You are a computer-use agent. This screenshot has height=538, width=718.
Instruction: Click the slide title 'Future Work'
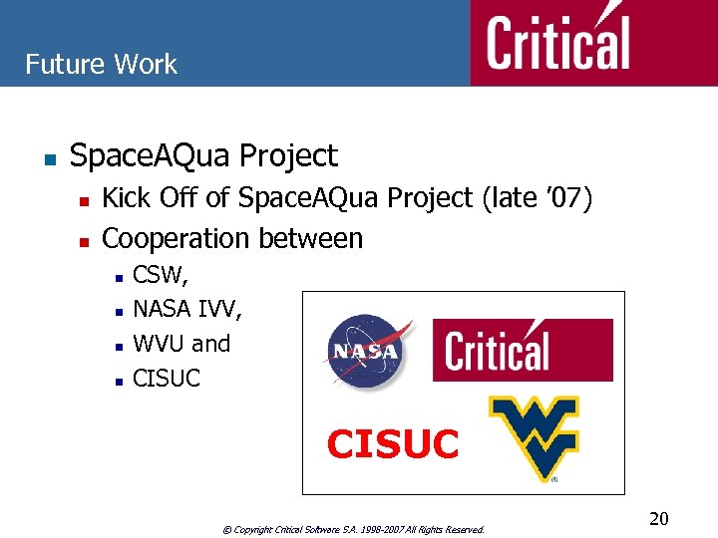click(101, 65)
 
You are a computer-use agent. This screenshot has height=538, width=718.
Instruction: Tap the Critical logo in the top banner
click(558, 43)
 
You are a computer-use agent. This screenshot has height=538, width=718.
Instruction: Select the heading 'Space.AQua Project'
click(203, 156)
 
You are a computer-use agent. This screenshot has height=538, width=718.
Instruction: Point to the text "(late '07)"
click(537, 198)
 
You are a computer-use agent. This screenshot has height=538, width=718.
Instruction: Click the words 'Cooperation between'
click(232, 238)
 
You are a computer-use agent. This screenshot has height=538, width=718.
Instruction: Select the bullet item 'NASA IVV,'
click(186, 309)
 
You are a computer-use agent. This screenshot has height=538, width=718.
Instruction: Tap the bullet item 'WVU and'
click(181, 344)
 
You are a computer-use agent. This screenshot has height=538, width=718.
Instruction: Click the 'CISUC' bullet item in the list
click(167, 379)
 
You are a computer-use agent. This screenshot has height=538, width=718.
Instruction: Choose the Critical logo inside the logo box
click(522, 350)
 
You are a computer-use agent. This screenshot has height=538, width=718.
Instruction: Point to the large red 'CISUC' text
click(393, 444)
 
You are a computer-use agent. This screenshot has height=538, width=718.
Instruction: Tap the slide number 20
click(658, 518)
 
